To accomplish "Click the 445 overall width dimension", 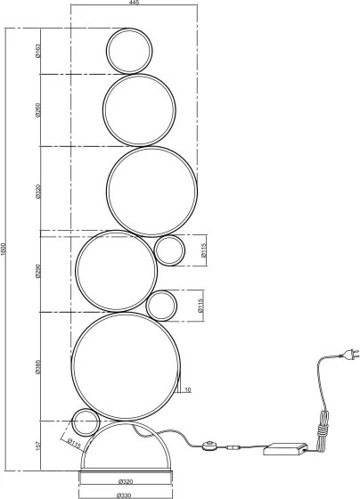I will click(134, 4).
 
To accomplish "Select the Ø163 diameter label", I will click(39, 51).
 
